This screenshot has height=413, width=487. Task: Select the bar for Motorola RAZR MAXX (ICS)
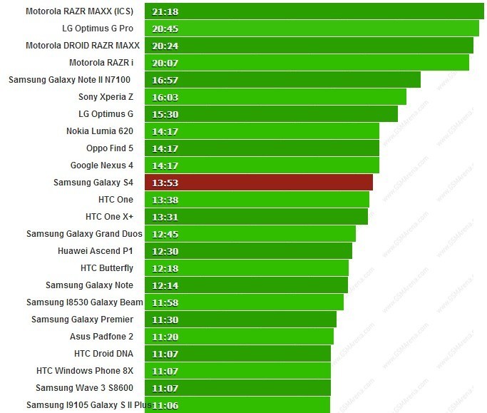point(314,11)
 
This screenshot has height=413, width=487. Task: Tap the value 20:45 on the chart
point(165,29)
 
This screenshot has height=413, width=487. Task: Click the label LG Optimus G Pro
point(97,29)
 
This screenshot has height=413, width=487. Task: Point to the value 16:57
point(165,80)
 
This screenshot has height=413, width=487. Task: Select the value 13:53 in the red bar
point(165,183)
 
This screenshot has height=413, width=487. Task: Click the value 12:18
point(165,268)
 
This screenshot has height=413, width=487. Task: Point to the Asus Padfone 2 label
point(101,337)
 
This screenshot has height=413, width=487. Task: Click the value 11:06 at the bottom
point(165,405)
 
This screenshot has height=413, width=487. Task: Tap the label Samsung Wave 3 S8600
point(84,388)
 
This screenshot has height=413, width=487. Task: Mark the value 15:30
point(165,114)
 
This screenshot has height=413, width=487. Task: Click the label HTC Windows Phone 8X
point(84,371)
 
